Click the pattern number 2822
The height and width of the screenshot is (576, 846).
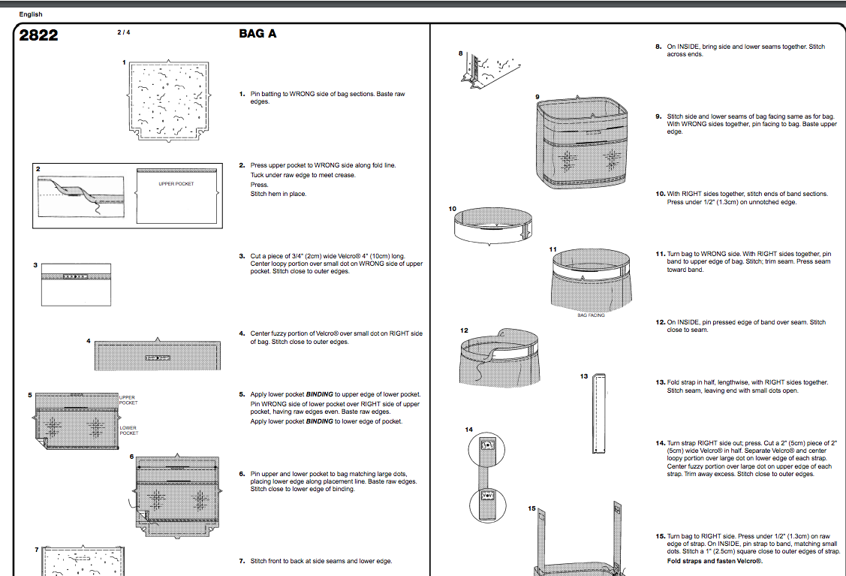pos(38,35)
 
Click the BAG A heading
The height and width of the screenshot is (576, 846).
pos(257,34)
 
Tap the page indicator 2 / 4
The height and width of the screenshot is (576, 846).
pos(123,32)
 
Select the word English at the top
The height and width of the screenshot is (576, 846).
pos(31,14)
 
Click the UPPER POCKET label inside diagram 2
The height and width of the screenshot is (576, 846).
pos(176,184)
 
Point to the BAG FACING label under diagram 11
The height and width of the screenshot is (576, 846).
pos(591,315)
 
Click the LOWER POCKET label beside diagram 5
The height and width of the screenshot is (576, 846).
pos(128,430)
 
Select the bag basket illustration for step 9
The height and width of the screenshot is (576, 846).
pos(582,143)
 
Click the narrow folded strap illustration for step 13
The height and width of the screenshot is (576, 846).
pos(599,413)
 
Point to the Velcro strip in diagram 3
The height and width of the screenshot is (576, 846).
pos(75,277)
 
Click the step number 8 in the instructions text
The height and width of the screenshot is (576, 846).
pos(658,47)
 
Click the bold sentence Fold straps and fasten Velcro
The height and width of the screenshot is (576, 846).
pos(715,561)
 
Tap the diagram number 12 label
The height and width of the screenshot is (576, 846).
pos(464,330)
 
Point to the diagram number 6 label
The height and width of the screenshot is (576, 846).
pos(131,457)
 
